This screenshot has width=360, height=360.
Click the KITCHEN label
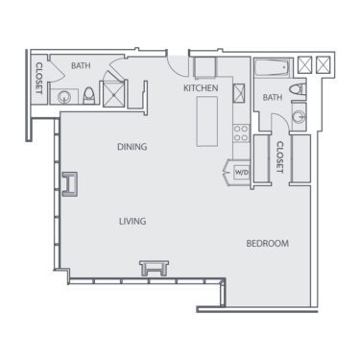[x=202, y=88]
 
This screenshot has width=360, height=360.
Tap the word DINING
[x=132, y=147]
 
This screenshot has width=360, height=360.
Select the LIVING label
[x=132, y=222]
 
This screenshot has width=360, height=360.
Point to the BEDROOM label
[x=267, y=243]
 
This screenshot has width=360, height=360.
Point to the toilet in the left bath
[x=88, y=94]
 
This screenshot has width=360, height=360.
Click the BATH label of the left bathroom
[x=81, y=66]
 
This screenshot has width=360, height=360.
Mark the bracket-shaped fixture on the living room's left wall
[x=70, y=184]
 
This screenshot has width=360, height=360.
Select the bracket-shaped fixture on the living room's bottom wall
[x=152, y=266]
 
